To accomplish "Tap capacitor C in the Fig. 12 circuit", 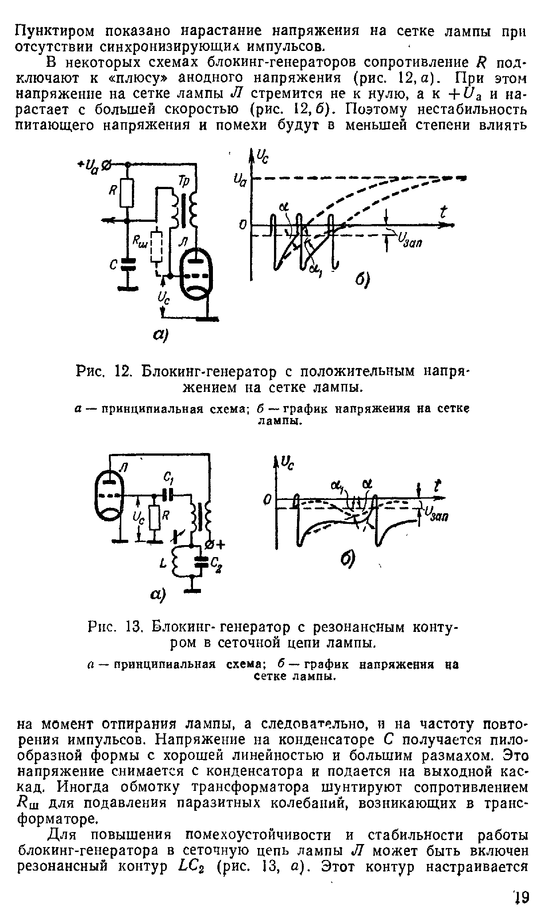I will (x=127, y=265).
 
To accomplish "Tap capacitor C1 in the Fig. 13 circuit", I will (x=168, y=495).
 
